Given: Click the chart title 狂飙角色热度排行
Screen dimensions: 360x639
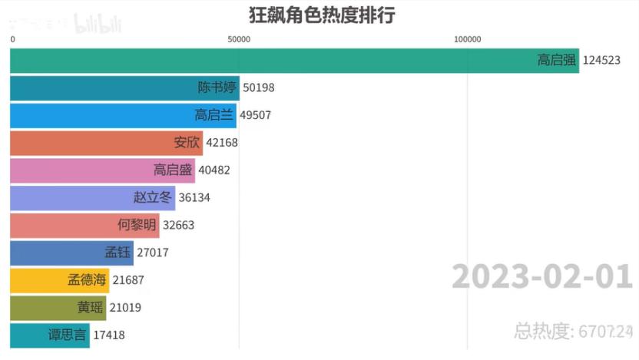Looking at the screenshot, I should point(321,15).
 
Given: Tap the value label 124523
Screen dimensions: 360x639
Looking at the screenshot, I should point(601,61).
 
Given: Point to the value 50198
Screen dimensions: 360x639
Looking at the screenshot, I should point(259,88).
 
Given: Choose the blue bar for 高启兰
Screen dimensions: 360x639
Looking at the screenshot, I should point(123,115).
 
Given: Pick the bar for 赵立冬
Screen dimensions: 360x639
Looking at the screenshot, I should point(92,198).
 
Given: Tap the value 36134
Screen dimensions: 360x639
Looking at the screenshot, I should point(194,198).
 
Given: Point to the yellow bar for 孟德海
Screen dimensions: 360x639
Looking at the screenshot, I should point(60,280).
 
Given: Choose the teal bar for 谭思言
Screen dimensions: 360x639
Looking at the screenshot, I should point(50,335).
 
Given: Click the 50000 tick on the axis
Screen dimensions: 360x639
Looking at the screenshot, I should point(240,39).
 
